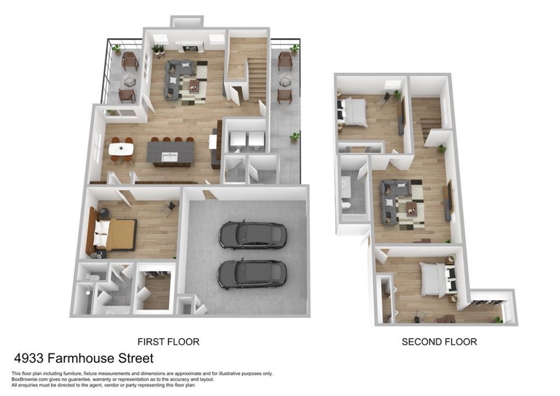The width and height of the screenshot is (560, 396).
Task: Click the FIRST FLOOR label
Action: pyautogui.click(x=168, y=342)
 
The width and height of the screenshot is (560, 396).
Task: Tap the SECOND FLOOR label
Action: pyautogui.click(x=439, y=342)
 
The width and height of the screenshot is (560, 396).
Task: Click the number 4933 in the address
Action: pyautogui.click(x=29, y=358)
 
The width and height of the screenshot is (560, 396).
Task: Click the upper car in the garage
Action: pyautogui.click(x=253, y=235)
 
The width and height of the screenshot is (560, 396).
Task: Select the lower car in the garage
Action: pyautogui.click(x=252, y=274)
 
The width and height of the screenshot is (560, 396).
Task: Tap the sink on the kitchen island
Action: pyautogui.click(x=170, y=156)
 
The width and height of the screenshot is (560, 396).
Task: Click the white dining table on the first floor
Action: pyautogui.click(x=121, y=149)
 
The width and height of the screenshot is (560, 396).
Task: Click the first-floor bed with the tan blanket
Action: pyautogui.click(x=115, y=234)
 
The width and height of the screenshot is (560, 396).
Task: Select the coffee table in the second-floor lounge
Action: pyautogui.click(x=411, y=208)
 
